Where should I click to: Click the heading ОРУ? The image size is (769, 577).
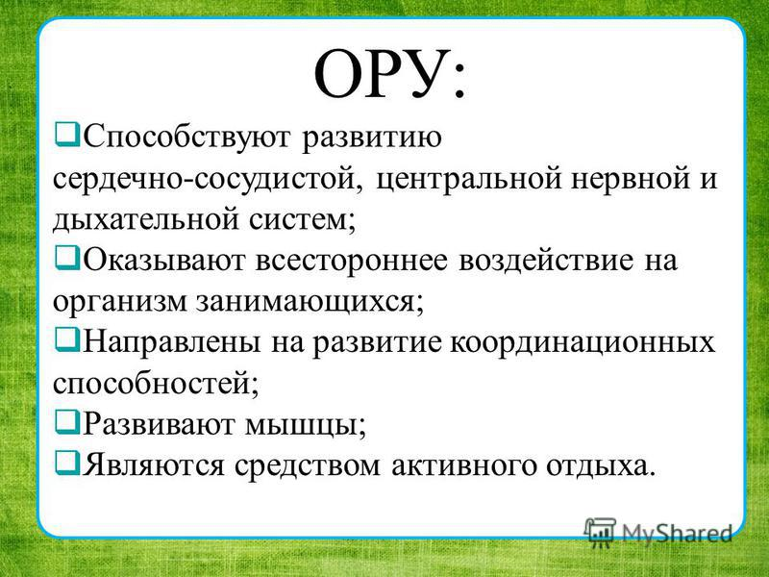(x=389, y=75)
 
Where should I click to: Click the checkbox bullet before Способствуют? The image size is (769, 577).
(x=66, y=134)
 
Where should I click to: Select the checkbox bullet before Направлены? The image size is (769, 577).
(x=66, y=339)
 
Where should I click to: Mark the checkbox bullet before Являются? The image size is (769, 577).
(x=66, y=463)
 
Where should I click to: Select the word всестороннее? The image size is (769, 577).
(x=352, y=261)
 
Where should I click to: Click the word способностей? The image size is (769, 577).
(x=156, y=383)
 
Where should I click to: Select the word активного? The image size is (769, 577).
(x=463, y=465)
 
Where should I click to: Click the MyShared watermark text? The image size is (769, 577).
(x=676, y=533)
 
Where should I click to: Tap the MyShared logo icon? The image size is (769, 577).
(x=600, y=533)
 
